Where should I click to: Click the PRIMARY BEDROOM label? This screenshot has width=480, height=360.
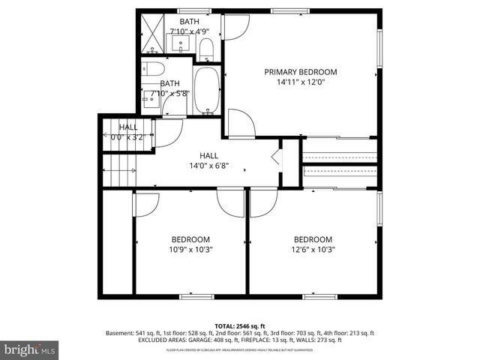click(300, 72)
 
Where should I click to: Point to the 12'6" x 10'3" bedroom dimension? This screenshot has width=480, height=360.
click(313, 250)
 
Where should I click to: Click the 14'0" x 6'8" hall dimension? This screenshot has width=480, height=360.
click(208, 166)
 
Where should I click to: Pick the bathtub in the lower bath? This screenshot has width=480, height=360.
click(207, 90)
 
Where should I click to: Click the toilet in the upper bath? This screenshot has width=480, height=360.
click(207, 49)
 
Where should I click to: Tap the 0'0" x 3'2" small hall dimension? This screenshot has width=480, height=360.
click(127, 137)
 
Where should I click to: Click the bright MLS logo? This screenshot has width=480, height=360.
click(30, 349)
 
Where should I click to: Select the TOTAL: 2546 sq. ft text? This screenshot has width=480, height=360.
click(240, 325)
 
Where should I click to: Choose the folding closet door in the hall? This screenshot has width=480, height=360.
click(275, 158)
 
